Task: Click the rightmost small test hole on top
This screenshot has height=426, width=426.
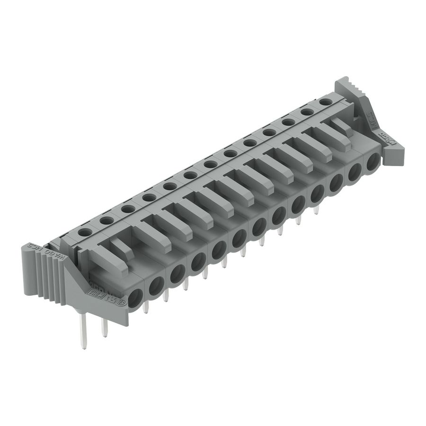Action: [325, 101]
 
